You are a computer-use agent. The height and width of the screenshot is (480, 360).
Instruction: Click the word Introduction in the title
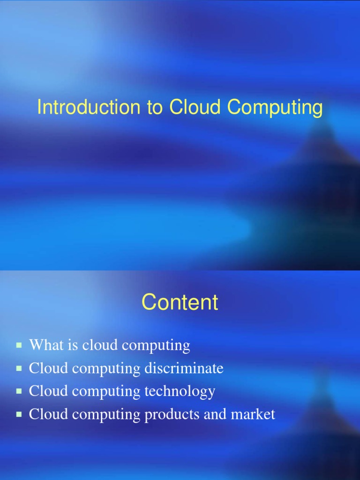[89, 108]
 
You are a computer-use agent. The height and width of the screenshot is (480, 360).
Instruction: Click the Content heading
[180, 302]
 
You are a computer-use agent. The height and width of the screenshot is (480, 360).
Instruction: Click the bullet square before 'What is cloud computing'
[19, 345]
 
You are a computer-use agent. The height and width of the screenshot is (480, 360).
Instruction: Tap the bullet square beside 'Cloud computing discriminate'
[19, 368]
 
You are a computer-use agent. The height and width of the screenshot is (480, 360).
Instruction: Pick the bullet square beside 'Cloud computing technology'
[19, 391]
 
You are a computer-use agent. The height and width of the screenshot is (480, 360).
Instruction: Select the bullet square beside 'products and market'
[19, 414]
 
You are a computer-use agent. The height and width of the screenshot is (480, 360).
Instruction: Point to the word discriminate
[184, 368]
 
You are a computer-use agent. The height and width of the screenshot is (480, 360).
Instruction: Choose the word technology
[180, 391]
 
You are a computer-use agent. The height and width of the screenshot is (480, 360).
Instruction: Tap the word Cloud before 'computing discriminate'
[45, 368]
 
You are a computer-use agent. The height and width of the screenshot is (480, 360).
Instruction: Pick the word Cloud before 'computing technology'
[45, 391]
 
